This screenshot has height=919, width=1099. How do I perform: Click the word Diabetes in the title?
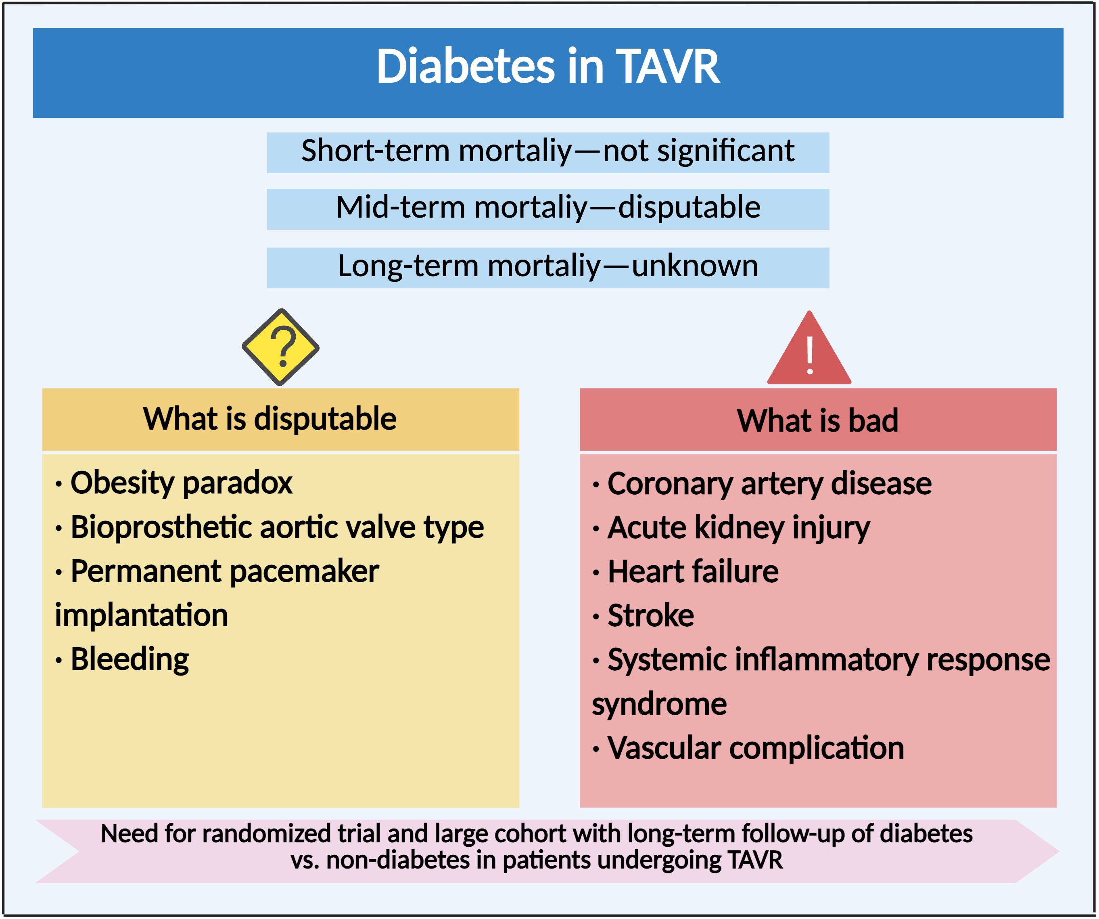click(465, 67)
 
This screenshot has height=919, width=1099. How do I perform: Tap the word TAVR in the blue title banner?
click(667, 67)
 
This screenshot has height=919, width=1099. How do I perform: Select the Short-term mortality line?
click(547, 152)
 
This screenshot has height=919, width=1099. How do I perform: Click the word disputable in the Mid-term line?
click(689, 208)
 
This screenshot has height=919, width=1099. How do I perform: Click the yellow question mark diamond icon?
click(280, 347)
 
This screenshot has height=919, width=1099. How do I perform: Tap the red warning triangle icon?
click(809, 348)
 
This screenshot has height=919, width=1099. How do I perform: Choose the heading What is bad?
click(817, 420)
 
